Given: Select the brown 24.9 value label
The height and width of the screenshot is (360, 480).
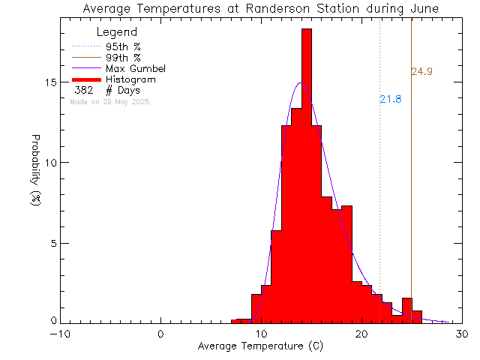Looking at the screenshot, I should (421, 72).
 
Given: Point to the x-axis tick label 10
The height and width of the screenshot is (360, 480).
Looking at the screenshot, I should (261, 335).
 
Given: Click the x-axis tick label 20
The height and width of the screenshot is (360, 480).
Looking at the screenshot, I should (361, 335).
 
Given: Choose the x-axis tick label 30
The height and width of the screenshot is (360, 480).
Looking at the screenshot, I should (462, 335).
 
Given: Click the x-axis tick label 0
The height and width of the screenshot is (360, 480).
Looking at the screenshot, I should (161, 335).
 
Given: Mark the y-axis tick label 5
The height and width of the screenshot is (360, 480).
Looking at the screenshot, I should (51, 243).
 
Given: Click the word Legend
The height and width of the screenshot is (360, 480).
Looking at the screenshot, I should (117, 32).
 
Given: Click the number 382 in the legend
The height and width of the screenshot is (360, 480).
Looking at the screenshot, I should (84, 90).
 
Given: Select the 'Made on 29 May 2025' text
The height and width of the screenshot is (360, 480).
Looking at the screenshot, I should (109, 101).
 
